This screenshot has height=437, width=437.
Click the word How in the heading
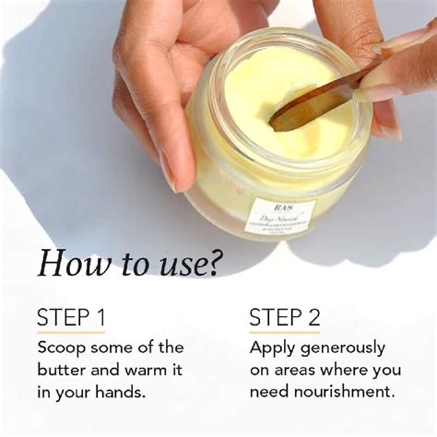click(68, 264)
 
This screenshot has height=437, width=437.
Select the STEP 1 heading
click(70, 318)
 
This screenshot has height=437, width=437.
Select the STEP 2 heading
click(284, 318)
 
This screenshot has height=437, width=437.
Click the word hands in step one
click(124, 392)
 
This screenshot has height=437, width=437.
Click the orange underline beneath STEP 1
click(70, 333)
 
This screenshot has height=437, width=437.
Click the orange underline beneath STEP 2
click(284, 333)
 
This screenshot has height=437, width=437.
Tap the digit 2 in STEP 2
click(313, 318)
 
